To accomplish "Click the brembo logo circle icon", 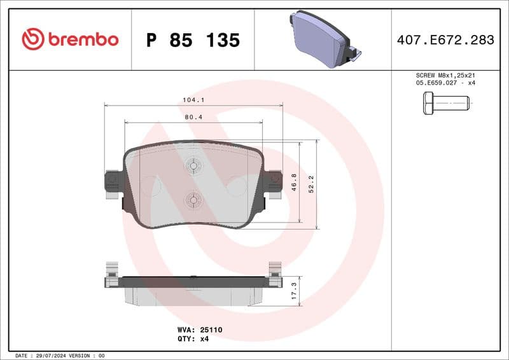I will pos(32,39).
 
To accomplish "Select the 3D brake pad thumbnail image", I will pos(323,39).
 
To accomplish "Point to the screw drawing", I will pos(445,102).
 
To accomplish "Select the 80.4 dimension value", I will pos(193,117).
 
